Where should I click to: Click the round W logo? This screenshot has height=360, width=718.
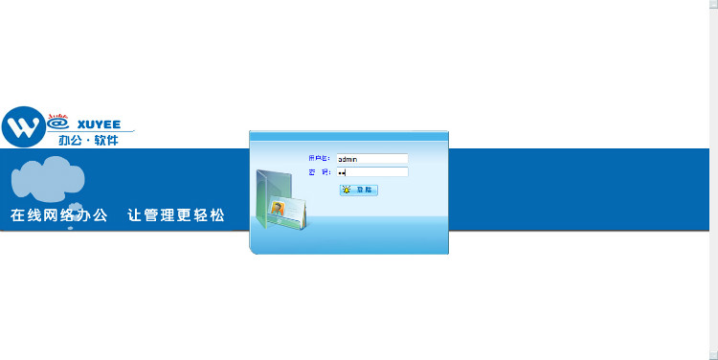[x=24, y=125]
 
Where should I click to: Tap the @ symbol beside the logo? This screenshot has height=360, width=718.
[x=57, y=123]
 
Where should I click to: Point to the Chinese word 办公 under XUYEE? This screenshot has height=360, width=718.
[x=71, y=141]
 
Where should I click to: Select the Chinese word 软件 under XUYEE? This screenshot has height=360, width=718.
[x=107, y=141]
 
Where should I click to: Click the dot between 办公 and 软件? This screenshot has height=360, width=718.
[x=89, y=141]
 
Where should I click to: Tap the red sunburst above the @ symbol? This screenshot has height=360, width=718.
[x=56, y=111]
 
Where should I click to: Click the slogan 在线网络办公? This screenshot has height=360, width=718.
[x=58, y=215]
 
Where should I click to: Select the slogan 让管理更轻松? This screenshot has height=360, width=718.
[x=176, y=215]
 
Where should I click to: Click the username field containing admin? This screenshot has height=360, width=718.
[x=371, y=159]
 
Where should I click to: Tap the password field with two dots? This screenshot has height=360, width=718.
[x=371, y=172]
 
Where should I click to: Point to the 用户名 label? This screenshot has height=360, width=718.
[x=319, y=158]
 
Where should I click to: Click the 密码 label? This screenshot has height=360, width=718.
[x=319, y=172]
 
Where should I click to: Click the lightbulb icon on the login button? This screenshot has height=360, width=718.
[x=347, y=191]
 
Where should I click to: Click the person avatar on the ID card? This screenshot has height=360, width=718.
[x=279, y=209]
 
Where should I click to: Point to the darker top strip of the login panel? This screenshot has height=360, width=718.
[x=348, y=135]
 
